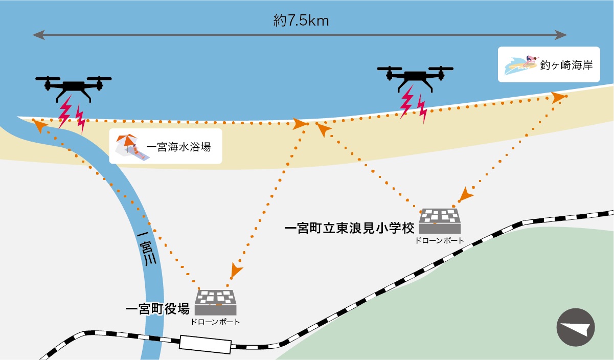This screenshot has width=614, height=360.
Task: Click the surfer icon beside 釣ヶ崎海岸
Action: [x=520, y=65]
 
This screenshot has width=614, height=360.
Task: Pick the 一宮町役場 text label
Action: [x=157, y=309]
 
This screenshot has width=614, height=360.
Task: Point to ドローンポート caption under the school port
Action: [x=440, y=240]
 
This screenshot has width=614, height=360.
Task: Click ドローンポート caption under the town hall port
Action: [x=215, y=322]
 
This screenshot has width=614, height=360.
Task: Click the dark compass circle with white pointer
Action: [x=577, y=328]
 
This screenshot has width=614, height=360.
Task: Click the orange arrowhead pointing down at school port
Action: [x=465, y=195]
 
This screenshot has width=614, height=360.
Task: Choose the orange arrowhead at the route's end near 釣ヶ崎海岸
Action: [x=559, y=97]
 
